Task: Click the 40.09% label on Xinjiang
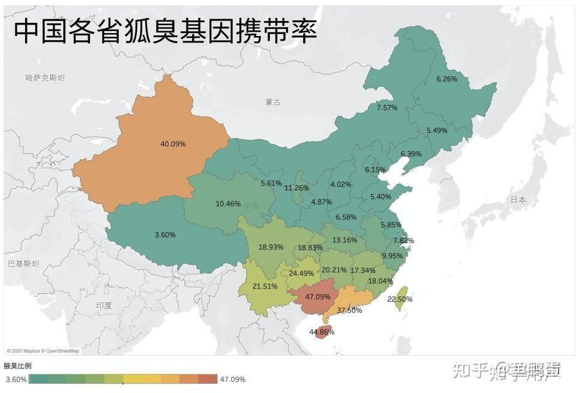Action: (173, 144)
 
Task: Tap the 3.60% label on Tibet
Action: (165, 235)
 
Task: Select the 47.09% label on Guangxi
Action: (317, 296)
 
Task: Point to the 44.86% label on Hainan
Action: (322, 332)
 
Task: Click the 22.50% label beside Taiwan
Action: (400, 299)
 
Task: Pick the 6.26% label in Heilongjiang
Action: (446, 79)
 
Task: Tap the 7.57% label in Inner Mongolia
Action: (387, 107)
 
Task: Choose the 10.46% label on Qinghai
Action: (228, 203)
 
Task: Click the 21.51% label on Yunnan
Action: (265, 286)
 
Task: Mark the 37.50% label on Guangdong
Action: (349, 310)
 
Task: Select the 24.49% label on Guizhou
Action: (301, 273)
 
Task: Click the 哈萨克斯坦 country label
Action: (45, 77)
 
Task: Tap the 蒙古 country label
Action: (273, 102)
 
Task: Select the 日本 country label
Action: (518, 199)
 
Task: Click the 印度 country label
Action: (104, 305)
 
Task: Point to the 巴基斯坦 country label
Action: (23, 263)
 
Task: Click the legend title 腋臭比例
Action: (17, 365)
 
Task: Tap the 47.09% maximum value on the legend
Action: (232, 379)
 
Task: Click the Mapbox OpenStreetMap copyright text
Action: (43, 351)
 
